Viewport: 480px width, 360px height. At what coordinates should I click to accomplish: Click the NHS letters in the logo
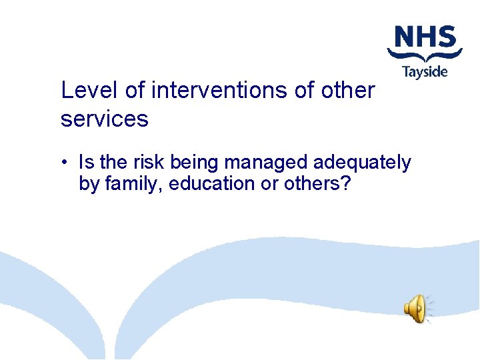click(425, 37)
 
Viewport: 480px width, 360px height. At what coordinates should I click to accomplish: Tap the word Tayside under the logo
click(425, 72)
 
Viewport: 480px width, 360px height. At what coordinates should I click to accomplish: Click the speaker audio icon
click(415, 308)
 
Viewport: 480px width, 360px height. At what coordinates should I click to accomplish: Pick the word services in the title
click(104, 119)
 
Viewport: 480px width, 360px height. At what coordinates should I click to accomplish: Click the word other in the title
click(347, 90)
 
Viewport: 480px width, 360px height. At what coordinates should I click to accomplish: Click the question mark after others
click(345, 183)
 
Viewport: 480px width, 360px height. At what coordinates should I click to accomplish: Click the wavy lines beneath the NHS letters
click(425, 54)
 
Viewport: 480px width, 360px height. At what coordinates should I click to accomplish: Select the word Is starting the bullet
click(86, 162)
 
